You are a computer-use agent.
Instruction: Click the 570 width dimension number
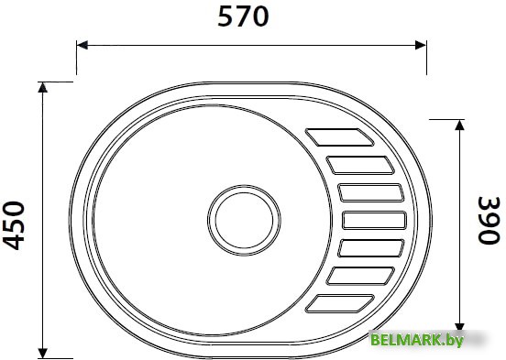243,16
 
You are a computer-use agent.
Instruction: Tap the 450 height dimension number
14,225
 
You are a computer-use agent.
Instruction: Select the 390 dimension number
489,220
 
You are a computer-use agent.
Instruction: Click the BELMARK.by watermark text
417,340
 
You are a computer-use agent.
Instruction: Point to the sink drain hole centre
244,221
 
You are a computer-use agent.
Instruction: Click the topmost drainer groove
339,137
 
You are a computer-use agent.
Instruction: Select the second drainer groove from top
360,165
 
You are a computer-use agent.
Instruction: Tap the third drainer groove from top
371,192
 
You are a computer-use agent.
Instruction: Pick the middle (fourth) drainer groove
374,221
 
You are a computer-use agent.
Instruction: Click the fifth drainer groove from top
371,248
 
